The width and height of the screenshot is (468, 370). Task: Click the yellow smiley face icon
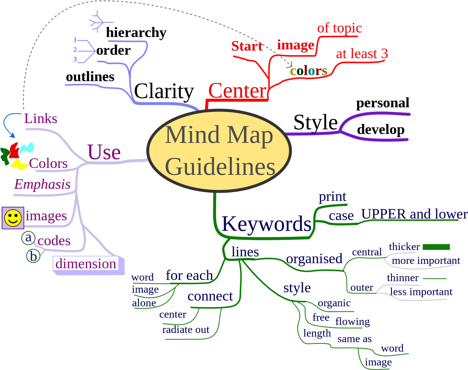(13, 218)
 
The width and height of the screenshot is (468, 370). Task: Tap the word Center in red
(237, 91)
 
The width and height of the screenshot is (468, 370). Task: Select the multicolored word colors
(308, 71)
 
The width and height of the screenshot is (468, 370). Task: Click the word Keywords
(266, 224)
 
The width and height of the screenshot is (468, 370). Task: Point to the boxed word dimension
(86, 264)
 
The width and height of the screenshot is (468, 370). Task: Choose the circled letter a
(28, 238)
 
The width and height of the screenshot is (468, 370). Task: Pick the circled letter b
(33, 256)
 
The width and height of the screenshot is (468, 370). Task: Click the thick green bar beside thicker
(436, 247)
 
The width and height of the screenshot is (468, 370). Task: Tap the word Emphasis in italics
(42, 184)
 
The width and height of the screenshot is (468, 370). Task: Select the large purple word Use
(104, 152)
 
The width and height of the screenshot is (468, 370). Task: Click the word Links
(41, 118)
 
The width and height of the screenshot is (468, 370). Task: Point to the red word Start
(247, 46)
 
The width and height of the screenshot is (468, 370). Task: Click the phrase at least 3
(362, 54)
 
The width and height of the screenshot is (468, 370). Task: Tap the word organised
(314, 259)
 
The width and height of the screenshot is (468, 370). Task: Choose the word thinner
(403, 278)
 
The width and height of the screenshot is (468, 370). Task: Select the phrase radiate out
(186, 330)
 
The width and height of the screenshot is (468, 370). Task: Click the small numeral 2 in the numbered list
(75, 49)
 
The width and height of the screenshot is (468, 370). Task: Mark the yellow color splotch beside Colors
(19, 164)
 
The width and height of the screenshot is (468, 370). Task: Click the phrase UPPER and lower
(414, 214)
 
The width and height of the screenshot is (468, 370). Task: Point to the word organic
(334, 303)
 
